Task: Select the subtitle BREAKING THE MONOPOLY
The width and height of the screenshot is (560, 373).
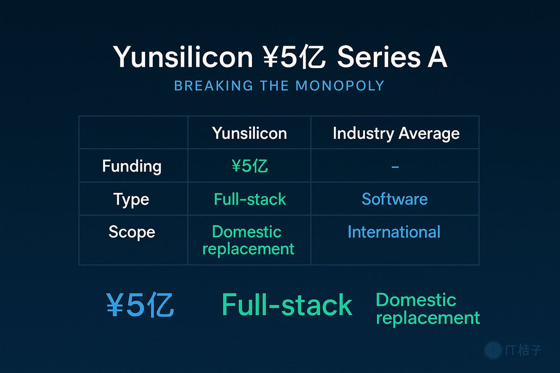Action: pyautogui.click(x=279, y=86)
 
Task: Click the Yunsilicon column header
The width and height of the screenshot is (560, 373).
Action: pyautogui.click(x=249, y=133)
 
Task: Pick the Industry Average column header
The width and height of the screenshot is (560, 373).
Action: pyautogui.click(x=396, y=133)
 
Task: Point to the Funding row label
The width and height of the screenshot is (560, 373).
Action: pyautogui.click(x=132, y=166)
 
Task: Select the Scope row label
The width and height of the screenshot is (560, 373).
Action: pyautogui.click(x=132, y=232)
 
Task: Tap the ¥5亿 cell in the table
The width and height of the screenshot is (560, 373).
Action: pyautogui.click(x=249, y=166)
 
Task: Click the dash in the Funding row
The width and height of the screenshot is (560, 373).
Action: pyautogui.click(x=395, y=166)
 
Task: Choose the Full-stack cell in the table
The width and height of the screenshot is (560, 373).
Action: pyautogui.click(x=250, y=199)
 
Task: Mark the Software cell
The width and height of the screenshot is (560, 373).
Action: pyautogui.click(x=395, y=199)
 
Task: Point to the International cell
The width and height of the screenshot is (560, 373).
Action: pyautogui.click(x=394, y=232)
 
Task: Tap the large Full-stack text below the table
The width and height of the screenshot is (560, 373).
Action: pyautogui.click(x=287, y=305)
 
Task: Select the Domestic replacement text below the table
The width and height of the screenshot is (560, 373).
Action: pyautogui.click(x=427, y=309)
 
